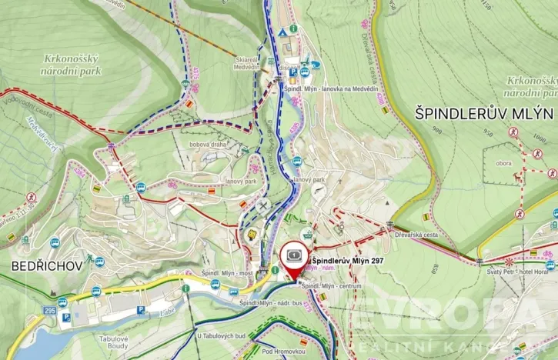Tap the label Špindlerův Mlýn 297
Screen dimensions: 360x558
[347, 260]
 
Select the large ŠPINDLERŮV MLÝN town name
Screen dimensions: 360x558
[484, 113]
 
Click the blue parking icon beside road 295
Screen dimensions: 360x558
[67, 315]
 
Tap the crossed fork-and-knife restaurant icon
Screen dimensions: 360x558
[264, 206]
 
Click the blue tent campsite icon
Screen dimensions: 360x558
[283, 32]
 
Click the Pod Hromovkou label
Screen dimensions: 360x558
[283, 350]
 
